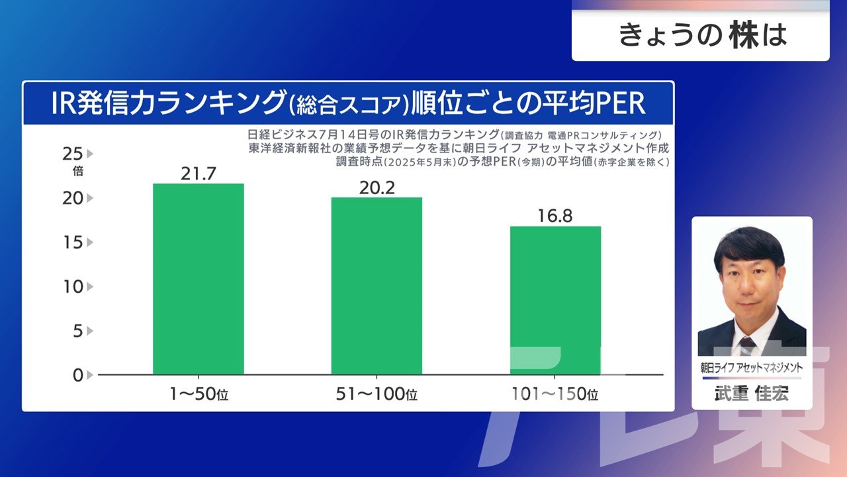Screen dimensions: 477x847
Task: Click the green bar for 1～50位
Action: point(198,279)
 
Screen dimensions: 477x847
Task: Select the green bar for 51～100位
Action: point(377,286)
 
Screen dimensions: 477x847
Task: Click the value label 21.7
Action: point(198,174)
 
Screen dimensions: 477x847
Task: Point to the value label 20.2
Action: point(377,187)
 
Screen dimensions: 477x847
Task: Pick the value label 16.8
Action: point(555,216)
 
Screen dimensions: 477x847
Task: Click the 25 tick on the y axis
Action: point(73,154)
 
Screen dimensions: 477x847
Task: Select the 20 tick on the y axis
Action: point(73,198)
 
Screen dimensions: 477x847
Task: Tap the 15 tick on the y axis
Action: point(73,242)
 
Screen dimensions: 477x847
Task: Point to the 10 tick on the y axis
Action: point(73,287)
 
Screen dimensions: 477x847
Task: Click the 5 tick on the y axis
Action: point(77,331)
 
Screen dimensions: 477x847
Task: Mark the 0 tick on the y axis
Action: point(77,375)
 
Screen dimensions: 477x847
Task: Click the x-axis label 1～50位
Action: point(198,395)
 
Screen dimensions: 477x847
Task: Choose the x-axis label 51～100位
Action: point(377,395)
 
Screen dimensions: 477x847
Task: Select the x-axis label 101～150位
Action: point(555,395)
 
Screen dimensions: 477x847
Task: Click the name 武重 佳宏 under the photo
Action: point(752,393)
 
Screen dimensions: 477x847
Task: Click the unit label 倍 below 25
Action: point(77,171)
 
